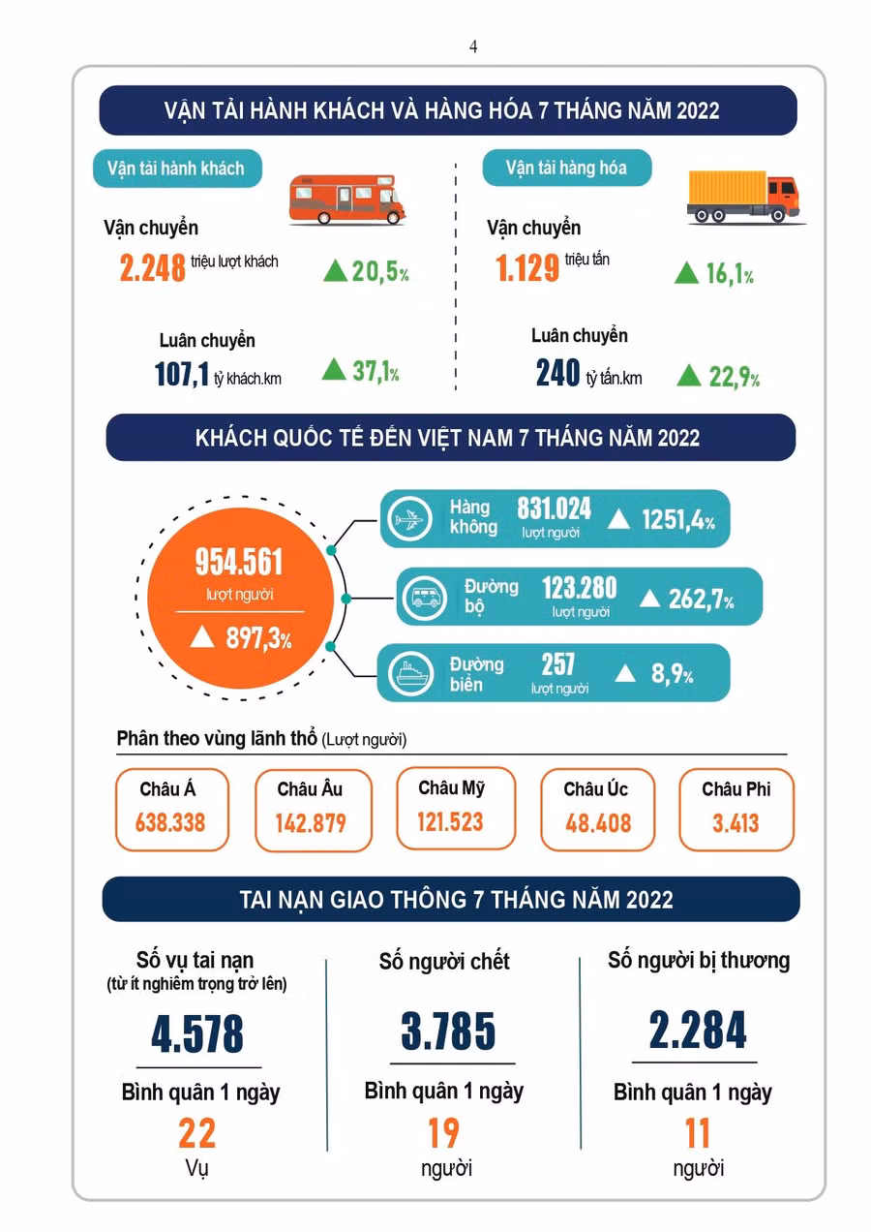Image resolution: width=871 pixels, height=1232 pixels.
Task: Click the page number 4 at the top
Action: (473, 47)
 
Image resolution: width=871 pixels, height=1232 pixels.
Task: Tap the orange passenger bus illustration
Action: (347, 200)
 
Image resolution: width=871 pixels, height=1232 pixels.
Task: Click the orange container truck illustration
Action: (744, 197)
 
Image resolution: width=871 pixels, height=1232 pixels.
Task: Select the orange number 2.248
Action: (152, 268)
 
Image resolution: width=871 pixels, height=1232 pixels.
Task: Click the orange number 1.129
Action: (527, 268)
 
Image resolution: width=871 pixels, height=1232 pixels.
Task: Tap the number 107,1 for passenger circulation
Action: (182, 374)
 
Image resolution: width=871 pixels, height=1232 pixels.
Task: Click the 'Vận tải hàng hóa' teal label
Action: (566, 168)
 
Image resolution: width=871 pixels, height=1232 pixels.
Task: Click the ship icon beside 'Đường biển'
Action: (410, 672)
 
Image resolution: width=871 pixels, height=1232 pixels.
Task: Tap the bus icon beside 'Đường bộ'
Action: (425, 598)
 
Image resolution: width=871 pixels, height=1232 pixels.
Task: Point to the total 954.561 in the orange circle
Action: (239, 562)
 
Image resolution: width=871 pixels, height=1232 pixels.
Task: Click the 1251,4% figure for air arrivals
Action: (678, 519)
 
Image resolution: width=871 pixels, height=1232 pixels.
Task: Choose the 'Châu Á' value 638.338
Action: (170, 822)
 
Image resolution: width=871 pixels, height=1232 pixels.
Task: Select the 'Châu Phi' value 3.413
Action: (736, 823)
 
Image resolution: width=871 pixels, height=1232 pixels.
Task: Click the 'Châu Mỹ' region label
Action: (452, 788)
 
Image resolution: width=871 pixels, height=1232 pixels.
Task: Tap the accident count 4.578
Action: (197, 1034)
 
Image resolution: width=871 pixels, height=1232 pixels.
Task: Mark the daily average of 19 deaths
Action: (443, 1133)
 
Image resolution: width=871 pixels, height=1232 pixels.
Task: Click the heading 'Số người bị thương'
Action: (699, 960)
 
